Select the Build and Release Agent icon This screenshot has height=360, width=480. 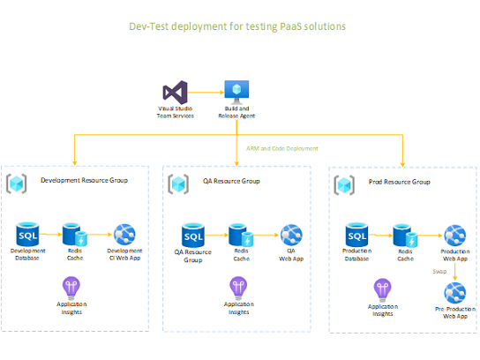coord(236,91)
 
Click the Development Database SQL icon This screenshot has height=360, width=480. coord(29,235)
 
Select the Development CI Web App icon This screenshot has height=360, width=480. coord(124,235)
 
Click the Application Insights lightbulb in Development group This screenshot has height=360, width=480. coord(72,287)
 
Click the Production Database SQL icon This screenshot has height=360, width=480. coord(356,236)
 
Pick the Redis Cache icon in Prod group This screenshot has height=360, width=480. coord(405,236)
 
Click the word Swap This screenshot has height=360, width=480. coord(439,272)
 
